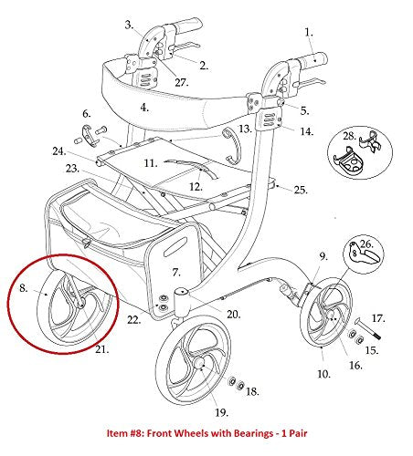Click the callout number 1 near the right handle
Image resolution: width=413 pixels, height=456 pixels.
click(x=309, y=32)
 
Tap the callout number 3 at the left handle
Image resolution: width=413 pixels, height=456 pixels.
click(x=128, y=24)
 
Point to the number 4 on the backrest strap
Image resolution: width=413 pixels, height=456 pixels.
click(x=144, y=107)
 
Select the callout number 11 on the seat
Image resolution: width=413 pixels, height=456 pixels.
click(x=152, y=163)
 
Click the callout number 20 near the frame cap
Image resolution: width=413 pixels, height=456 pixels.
click(x=233, y=314)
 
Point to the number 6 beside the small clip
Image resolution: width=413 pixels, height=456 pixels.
click(x=86, y=114)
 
